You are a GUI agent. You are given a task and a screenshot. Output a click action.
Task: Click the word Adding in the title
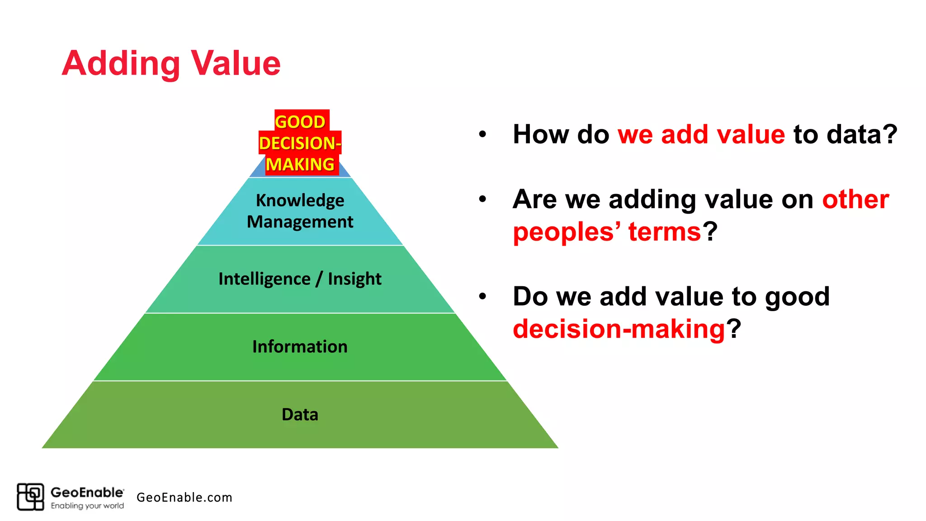point(121,64)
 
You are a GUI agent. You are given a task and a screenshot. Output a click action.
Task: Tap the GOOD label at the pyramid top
point(300,122)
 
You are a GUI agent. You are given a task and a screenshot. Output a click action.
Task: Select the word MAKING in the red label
point(300,164)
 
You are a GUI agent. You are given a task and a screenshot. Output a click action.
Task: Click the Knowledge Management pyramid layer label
point(300,211)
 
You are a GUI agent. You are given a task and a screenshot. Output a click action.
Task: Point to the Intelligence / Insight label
point(300,279)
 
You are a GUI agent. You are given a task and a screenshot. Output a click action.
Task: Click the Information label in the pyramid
point(300,346)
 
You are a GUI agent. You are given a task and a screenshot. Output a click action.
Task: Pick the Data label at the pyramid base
point(300,414)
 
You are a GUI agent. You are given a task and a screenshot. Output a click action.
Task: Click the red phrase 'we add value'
point(701,134)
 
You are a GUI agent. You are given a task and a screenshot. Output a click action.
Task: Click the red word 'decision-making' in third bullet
point(619,328)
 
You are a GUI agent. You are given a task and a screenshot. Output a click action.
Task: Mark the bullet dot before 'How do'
point(482,134)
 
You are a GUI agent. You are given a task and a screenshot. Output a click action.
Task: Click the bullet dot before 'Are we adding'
point(482,199)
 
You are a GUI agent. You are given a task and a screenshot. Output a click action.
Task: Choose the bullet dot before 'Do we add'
point(482,296)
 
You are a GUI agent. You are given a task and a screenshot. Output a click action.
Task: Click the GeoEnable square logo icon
point(30,497)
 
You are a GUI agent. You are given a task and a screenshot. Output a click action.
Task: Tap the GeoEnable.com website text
point(184,497)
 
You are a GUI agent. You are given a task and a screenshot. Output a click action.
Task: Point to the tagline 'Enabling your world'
point(87,506)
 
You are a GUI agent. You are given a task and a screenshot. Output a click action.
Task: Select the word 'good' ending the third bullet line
point(797,297)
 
